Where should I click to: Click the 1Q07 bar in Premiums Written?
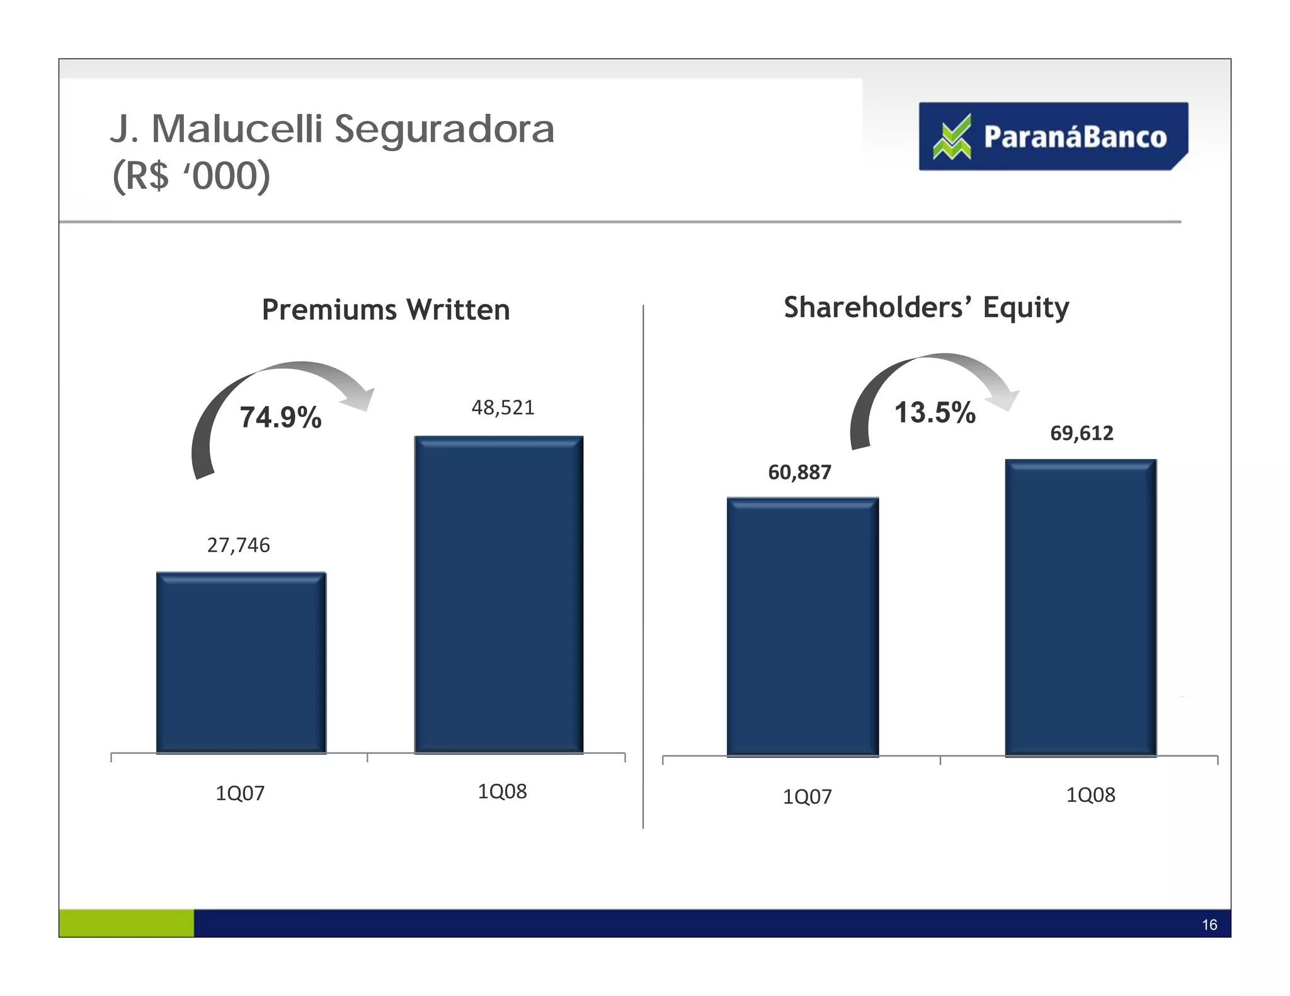pos(241,662)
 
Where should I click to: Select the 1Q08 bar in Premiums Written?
pos(499,594)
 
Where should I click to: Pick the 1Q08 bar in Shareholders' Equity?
pos(1081,608)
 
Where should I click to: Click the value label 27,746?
pos(238,545)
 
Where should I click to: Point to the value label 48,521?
pos(503,408)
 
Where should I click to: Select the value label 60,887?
pos(799,472)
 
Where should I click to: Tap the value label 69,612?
pos(1082,433)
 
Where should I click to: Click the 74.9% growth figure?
pos(280,417)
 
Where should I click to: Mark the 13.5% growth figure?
pos(935,413)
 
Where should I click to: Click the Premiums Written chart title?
pos(385,310)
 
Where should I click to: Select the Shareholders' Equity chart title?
pos(926,308)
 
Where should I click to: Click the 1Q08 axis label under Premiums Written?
pos(502,791)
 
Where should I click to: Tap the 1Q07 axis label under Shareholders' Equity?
pos(807,797)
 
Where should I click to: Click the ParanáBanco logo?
pos(1053,137)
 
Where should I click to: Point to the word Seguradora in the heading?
pos(444,129)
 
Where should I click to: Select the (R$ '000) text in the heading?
pos(191,176)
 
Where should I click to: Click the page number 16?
pos(1209,925)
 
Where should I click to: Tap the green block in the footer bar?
pos(126,923)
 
